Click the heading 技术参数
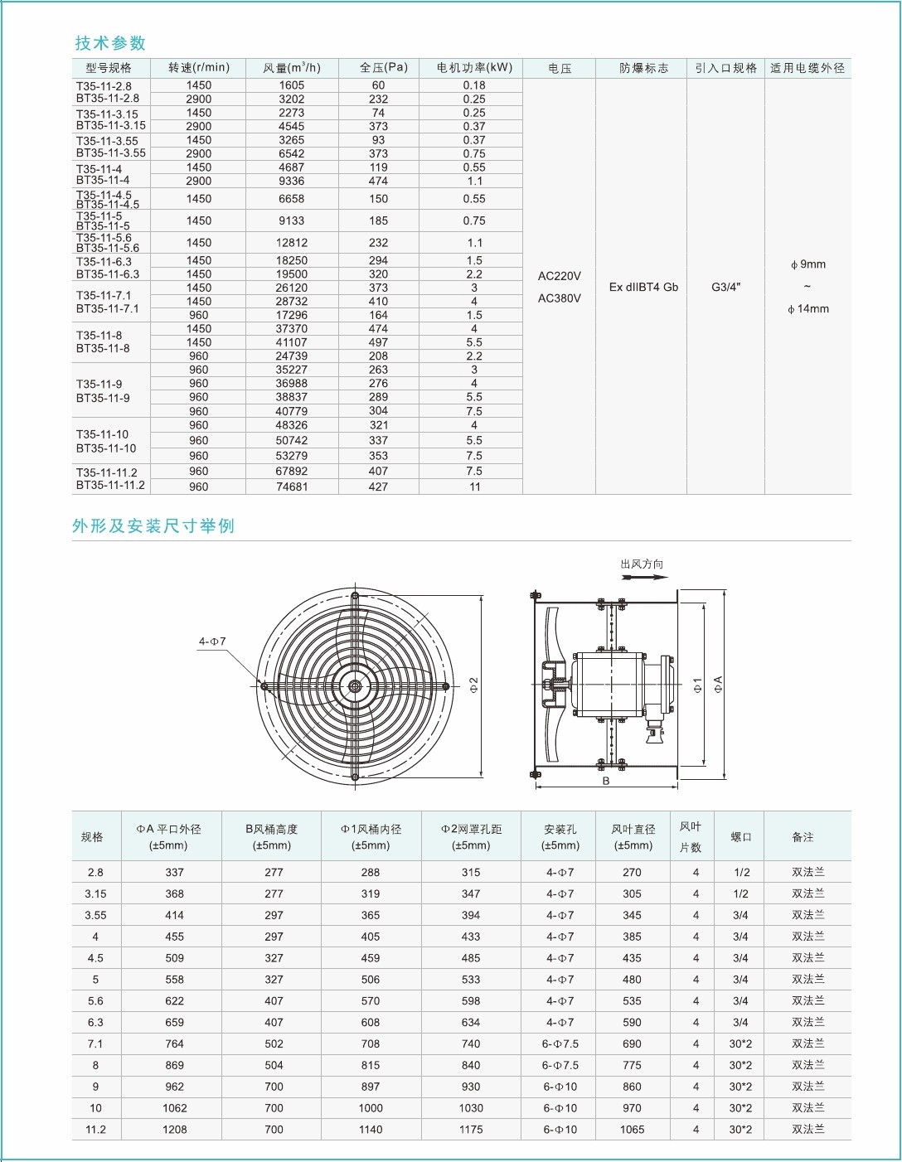pyautogui.click(x=110, y=43)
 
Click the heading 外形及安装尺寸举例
pyautogui.click(x=153, y=526)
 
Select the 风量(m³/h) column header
pyautogui.click(x=292, y=68)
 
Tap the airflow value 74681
pyautogui.click(x=292, y=487)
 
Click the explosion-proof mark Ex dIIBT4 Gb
pyautogui.click(x=643, y=288)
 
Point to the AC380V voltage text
pyautogui.click(x=560, y=298)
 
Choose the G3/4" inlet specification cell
pyautogui.click(x=726, y=288)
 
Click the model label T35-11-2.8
pyautogui.click(x=104, y=86)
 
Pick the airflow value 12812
pyautogui.click(x=292, y=243)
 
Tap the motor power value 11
pyautogui.click(x=475, y=487)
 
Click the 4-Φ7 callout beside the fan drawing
pyautogui.click(x=212, y=642)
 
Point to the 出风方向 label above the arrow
pyautogui.click(x=642, y=564)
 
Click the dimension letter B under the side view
pyautogui.click(x=606, y=781)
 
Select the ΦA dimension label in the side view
pyautogui.click(x=718, y=685)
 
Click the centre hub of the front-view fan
pyautogui.click(x=355, y=686)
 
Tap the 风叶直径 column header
pyautogui.click(x=633, y=836)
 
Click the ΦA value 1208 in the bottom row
pyautogui.click(x=175, y=1129)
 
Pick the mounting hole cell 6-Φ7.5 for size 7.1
pyautogui.click(x=560, y=1043)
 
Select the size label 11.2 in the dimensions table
pyautogui.click(x=96, y=1129)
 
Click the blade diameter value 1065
pyautogui.click(x=633, y=1129)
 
